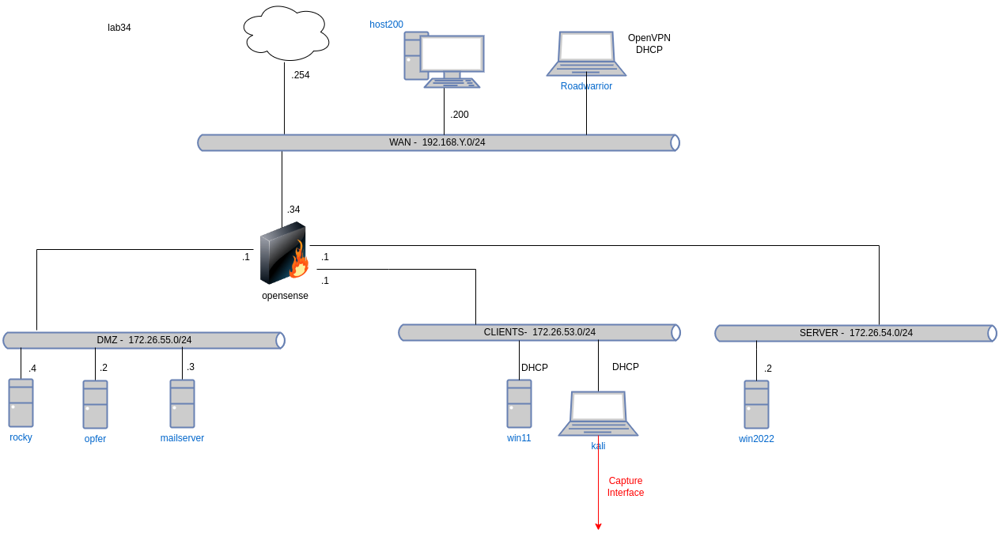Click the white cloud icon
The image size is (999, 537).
(x=286, y=33)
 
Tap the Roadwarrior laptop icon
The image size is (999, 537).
(x=586, y=54)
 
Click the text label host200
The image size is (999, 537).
(x=387, y=25)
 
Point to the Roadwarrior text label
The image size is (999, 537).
(x=586, y=85)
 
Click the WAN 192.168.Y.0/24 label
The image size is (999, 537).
(x=437, y=142)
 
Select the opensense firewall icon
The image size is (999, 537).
(x=283, y=253)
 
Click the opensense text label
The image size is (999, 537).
(x=285, y=296)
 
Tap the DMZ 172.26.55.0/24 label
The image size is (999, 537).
(x=144, y=340)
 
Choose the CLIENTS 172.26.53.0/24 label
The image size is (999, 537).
(x=539, y=332)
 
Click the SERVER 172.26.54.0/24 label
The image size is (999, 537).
(x=856, y=333)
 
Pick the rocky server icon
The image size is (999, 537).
(x=21, y=403)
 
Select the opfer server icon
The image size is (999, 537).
(x=95, y=405)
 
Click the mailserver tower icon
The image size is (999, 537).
(x=182, y=404)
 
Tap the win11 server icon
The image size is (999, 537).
(x=519, y=404)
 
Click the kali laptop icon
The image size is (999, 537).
(x=598, y=413)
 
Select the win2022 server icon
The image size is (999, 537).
(x=756, y=405)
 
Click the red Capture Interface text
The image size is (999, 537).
(x=625, y=486)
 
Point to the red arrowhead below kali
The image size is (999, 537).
(x=598, y=526)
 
